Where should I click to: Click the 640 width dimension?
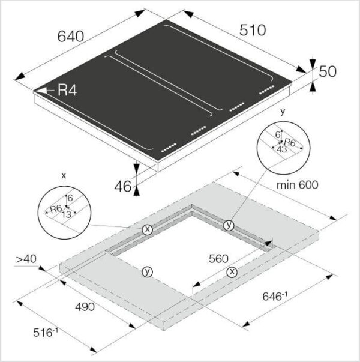point(71,37)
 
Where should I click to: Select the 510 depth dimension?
point(253,30)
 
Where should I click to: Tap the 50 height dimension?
point(328,71)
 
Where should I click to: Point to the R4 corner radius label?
point(67,90)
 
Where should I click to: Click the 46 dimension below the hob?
point(123,186)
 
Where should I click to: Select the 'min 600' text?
point(297,185)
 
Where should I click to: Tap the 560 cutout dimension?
point(218,259)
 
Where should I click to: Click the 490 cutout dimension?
point(85,307)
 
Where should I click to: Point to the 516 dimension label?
point(46,333)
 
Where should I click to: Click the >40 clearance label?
point(26,259)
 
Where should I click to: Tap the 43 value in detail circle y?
point(281,149)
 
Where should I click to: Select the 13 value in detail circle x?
point(66,215)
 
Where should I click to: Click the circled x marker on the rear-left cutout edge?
point(147,229)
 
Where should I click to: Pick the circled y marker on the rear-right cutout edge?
point(229,225)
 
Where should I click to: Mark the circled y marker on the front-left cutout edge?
point(147,272)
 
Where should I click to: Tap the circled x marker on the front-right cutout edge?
point(232,272)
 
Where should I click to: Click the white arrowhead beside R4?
point(41,91)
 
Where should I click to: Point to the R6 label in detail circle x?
point(56,209)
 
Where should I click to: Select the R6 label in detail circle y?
point(290,142)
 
